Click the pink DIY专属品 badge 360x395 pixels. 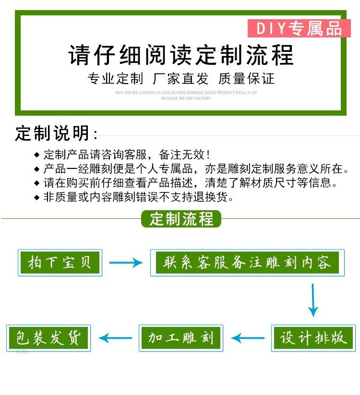[x=299, y=29]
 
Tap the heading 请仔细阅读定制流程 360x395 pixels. [x=181, y=55]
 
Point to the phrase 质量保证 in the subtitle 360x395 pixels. [x=246, y=79]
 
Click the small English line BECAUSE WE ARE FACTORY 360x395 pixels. [x=186, y=98]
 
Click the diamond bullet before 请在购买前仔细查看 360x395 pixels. [x=37, y=183]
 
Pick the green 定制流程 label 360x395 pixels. [x=181, y=219]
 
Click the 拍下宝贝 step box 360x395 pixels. [x=60, y=263]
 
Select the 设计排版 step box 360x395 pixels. [x=313, y=338]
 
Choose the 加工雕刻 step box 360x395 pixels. [x=181, y=338]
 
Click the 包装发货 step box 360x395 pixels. [x=48, y=338]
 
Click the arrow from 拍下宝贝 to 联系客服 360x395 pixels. [x=126, y=263]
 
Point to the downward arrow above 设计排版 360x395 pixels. [x=313, y=300]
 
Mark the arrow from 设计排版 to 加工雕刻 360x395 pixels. [x=248, y=338]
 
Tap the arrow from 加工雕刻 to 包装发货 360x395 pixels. [x=115, y=338]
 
